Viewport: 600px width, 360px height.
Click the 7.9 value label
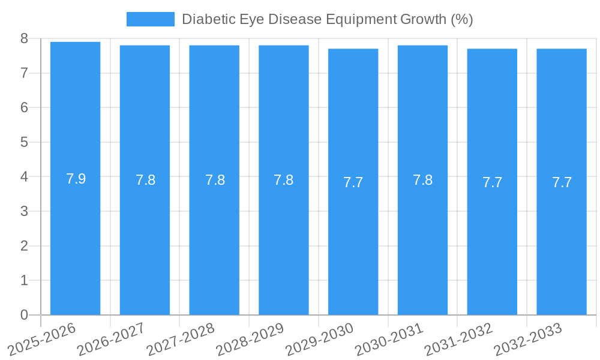point(76,179)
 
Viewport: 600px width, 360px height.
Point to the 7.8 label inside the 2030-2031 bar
point(422,180)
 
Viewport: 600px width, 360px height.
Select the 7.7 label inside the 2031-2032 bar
point(492,182)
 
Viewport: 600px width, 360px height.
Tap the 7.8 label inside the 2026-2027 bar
point(145,180)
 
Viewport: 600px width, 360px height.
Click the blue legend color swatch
point(150,19)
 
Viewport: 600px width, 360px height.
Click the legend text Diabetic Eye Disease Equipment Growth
point(327,19)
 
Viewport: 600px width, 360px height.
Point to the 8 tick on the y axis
point(24,38)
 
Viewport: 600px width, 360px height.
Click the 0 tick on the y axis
point(24,315)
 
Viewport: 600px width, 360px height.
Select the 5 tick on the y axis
point(24,142)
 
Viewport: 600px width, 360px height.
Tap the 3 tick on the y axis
point(24,211)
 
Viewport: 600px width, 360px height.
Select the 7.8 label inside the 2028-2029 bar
point(283,180)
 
